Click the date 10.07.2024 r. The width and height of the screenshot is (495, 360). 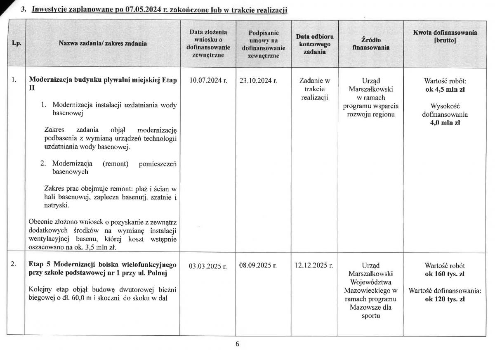coord(208,81)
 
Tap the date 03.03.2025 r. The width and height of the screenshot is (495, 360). coord(208,266)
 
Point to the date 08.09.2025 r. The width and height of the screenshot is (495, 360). coord(258,265)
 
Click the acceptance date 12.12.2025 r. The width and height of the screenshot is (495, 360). coord(314,265)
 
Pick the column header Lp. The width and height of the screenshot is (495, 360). coord(16,43)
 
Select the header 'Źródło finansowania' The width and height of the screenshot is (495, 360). coord(370,43)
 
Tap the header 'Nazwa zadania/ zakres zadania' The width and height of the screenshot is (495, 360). coord(103,43)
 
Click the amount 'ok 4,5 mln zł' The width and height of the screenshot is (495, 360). coord(445,89)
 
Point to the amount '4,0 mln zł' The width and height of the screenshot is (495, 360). coord(445,123)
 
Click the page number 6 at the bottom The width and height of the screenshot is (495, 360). coord(238,344)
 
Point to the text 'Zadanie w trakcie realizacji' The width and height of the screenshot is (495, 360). coord(314,89)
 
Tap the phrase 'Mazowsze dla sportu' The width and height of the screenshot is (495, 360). coord(370,312)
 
